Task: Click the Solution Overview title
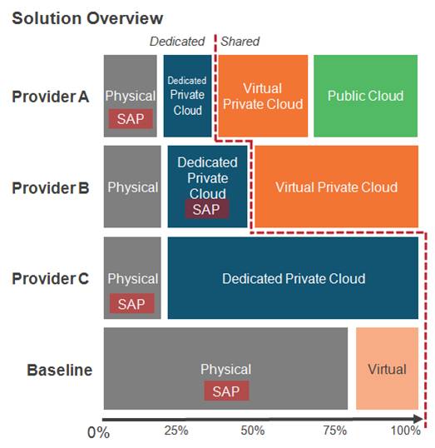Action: pyautogui.click(x=87, y=18)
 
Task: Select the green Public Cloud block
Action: pyautogui.click(x=366, y=96)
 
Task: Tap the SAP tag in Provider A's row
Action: pyautogui.click(x=131, y=118)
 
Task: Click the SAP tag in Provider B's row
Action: pyautogui.click(x=206, y=209)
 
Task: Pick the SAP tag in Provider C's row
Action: pyautogui.click(x=132, y=303)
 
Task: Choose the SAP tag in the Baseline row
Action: pyautogui.click(x=226, y=391)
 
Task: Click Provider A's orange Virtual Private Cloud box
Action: pyautogui.click(x=263, y=96)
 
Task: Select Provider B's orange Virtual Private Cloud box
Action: pyautogui.click(x=337, y=187)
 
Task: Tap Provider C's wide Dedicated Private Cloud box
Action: pyautogui.click(x=293, y=278)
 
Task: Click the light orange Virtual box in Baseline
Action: pyautogui.click(x=387, y=369)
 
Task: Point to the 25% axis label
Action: pyautogui.click(x=176, y=431)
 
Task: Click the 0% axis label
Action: pyautogui.click(x=98, y=432)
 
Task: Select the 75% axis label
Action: pyautogui.click(x=335, y=430)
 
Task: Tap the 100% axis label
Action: pyautogui.click(x=405, y=431)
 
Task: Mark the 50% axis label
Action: pyautogui.click(x=253, y=431)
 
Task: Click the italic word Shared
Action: pyautogui.click(x=240, y=42)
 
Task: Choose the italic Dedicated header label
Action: pyautogui.click(x=177, y=42)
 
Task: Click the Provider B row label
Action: pyautogui.click(x=51, y=188)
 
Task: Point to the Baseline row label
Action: pyautogui.click(x=60, y=370)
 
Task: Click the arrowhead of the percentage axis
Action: pyautogui.click(x=418, y=419)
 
